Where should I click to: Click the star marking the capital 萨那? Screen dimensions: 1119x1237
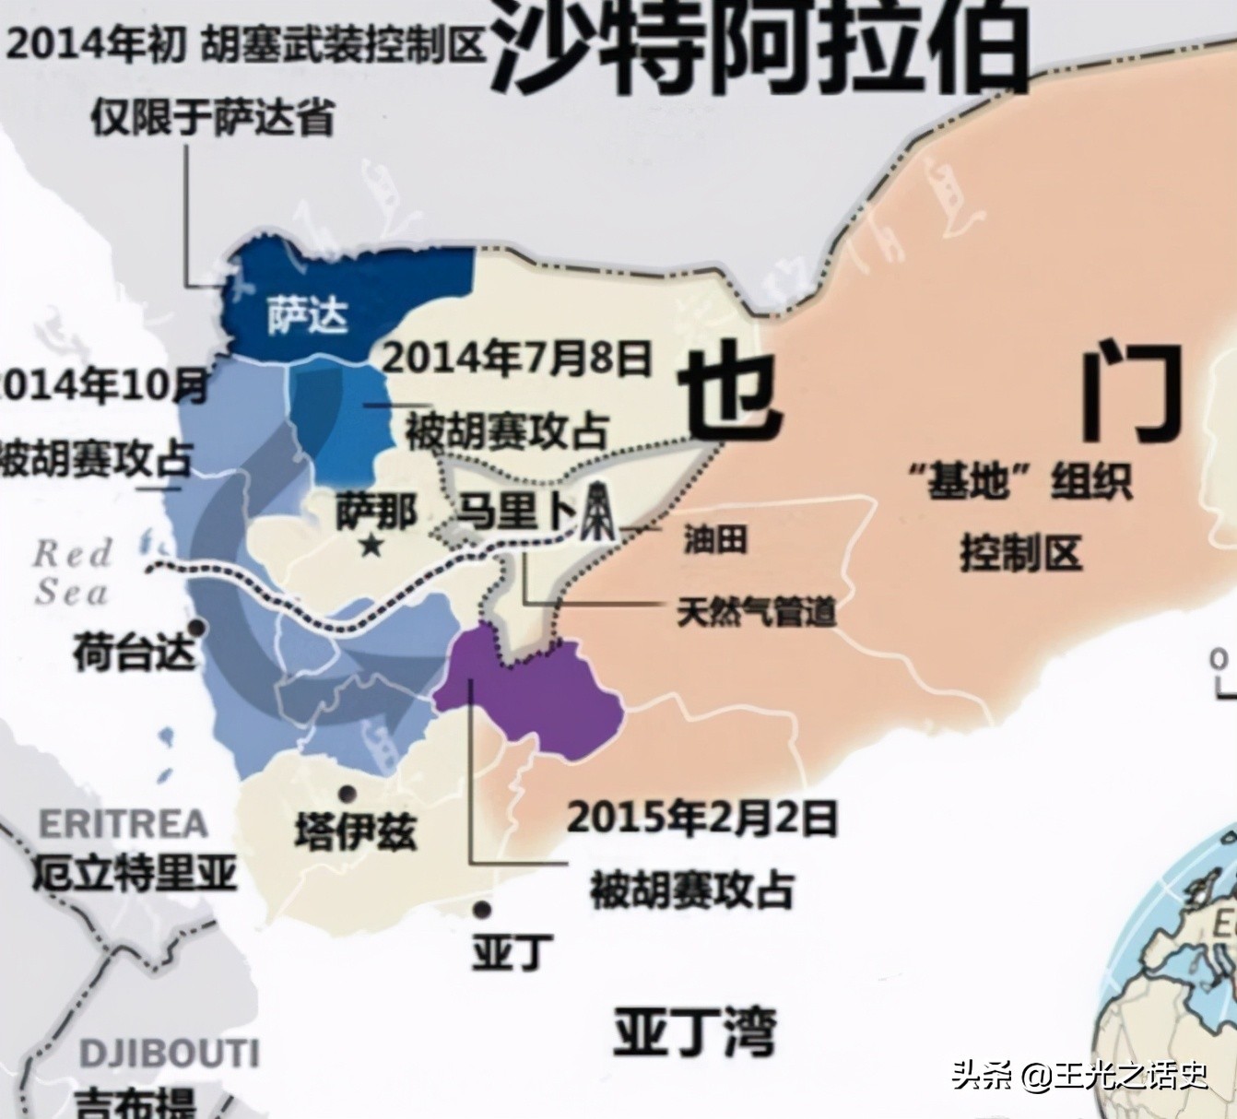pos(371,546)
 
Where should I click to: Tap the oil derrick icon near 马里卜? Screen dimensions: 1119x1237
pos(599,512)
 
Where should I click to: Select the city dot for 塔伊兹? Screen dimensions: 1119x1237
pos(348,793)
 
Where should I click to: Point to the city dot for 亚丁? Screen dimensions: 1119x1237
pos(481,910)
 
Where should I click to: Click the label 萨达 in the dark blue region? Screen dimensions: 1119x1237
pos(308,314)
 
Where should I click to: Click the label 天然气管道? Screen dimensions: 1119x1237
pos(756,611)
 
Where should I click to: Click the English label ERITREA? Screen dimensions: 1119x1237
pos(124,823)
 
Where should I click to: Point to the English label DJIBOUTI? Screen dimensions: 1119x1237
pos(169,1053)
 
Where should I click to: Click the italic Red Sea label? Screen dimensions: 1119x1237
pos(72,572)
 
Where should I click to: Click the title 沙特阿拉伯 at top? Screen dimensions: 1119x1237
pos(760,46)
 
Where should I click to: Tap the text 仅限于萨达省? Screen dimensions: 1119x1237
pos(212,118)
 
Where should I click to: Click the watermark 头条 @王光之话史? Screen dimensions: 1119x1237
pos(1078,1074)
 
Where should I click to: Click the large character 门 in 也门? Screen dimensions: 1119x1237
pos(1132,392)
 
